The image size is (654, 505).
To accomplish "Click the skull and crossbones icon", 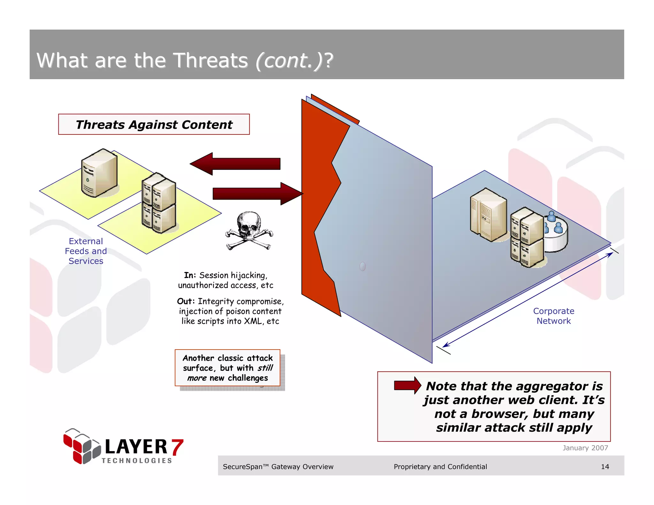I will pos(249,230).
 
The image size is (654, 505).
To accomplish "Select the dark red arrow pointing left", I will pos(235,164).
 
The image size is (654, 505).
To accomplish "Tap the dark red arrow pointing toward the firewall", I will pos(257,193).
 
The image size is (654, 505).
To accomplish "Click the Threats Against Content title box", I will pos(154,124).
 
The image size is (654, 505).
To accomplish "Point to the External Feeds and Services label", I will pos(86,251).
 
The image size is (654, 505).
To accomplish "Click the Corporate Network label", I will pos(553,316).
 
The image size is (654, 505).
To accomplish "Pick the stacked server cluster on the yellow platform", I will pos(159,203).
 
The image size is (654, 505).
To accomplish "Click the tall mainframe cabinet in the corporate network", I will pos(488,215).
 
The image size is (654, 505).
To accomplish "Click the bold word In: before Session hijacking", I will pos(190,275).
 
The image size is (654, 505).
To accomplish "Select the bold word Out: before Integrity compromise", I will pos(186,301).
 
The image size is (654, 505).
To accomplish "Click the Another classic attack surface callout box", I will pos(228,368).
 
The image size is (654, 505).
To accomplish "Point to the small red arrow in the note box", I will pos(407,385).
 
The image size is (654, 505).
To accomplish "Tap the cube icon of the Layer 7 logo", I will pos(81,446).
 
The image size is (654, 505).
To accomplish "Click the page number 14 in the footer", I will pos(605,467).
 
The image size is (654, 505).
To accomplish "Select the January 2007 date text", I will pos(585,448).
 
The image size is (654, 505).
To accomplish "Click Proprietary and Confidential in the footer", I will pos(440,467).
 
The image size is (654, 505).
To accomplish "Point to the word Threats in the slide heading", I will pos(210,60).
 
